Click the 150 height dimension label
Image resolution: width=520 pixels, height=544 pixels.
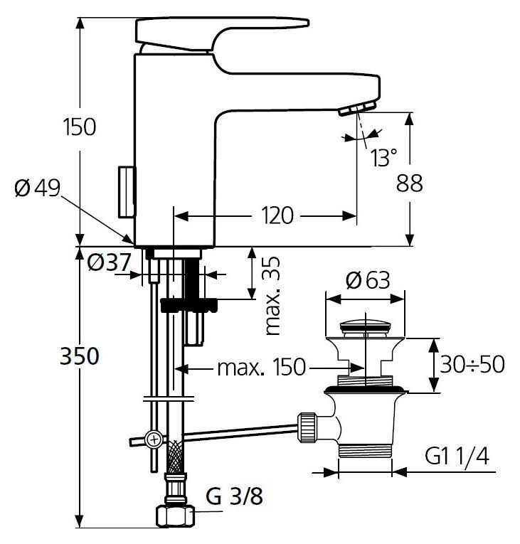click(x=80, y=127)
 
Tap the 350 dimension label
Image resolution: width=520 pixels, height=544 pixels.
click(x=80, y=356)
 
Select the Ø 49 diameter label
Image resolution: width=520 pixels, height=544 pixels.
click(x=38, y=188)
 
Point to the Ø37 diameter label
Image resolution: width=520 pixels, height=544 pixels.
click(x=109, y=262)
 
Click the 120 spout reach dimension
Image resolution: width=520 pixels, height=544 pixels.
click(x=277, y=215)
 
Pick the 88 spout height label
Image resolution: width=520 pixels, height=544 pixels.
click(x=410, y=183)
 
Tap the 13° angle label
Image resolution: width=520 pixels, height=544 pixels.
click(x=383, y=157)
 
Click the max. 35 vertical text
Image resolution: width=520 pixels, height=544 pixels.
click(x=272, y=296)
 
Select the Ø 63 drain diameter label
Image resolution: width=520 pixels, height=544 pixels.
click(x=368, y=280)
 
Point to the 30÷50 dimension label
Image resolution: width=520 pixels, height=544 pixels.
click(x=472, y=364)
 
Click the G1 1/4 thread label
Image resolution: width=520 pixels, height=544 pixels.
click(x=457, y=456)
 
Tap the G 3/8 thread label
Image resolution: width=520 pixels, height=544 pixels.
click(x=234, y=496)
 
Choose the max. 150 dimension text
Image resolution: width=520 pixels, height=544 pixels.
click(x=261, y=367)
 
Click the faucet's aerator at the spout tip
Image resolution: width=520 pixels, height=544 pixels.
click(x=357, y=108)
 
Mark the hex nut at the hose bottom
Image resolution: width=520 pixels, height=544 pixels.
click(x=175, y=516)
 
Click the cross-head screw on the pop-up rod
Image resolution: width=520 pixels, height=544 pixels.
click(x=154, y=440)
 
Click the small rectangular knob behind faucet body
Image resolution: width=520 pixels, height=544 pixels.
click(x=127, y=192)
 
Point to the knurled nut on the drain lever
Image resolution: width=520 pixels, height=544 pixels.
click(x=307, y=427)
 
